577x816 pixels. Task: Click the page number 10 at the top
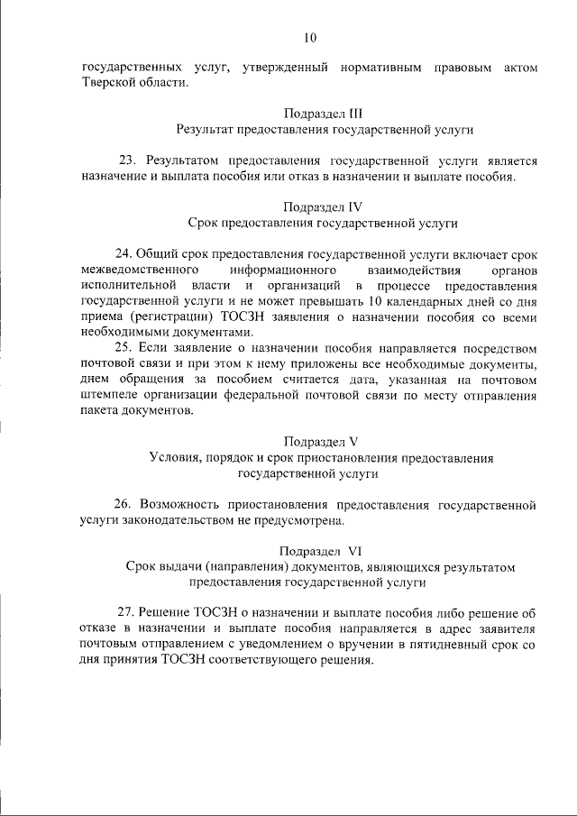coord(310,37)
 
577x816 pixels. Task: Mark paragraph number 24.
coord(125,253)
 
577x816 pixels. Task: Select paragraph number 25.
coord(125,347)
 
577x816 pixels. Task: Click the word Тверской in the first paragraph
coord(108,83)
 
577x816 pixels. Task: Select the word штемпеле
coord(108,394)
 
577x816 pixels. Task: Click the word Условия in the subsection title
coord(175,457)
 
